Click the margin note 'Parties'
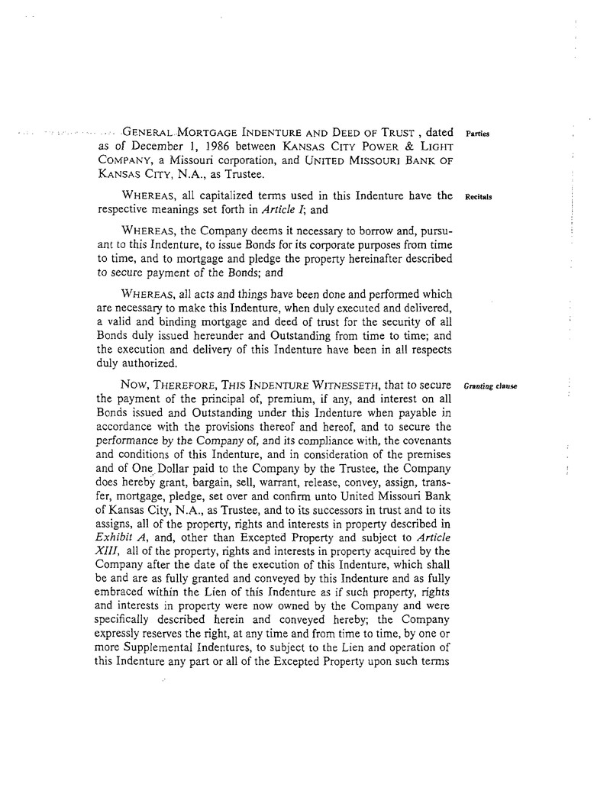pos(476,134)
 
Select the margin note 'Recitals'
pos(478,197)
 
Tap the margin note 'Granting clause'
pos(490,386)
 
